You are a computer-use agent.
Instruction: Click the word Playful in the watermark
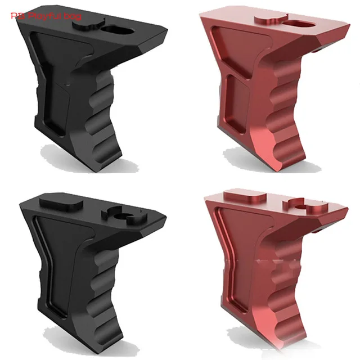pos(47,16)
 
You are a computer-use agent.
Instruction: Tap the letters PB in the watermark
pos(17,16)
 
